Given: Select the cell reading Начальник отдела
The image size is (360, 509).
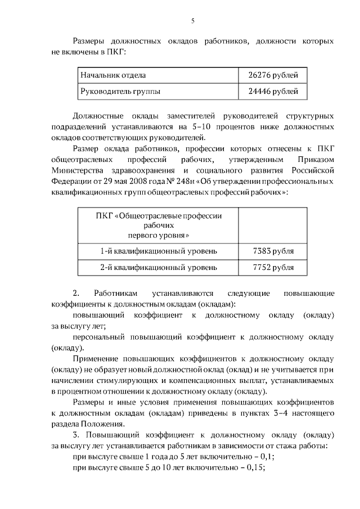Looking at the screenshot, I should (x=113, y=75).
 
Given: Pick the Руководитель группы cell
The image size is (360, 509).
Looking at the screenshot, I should (x=120, y=91).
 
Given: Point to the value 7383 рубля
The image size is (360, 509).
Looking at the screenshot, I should (x=273, y=251).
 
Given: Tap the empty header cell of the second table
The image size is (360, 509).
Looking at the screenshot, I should (x=273, y=225).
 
